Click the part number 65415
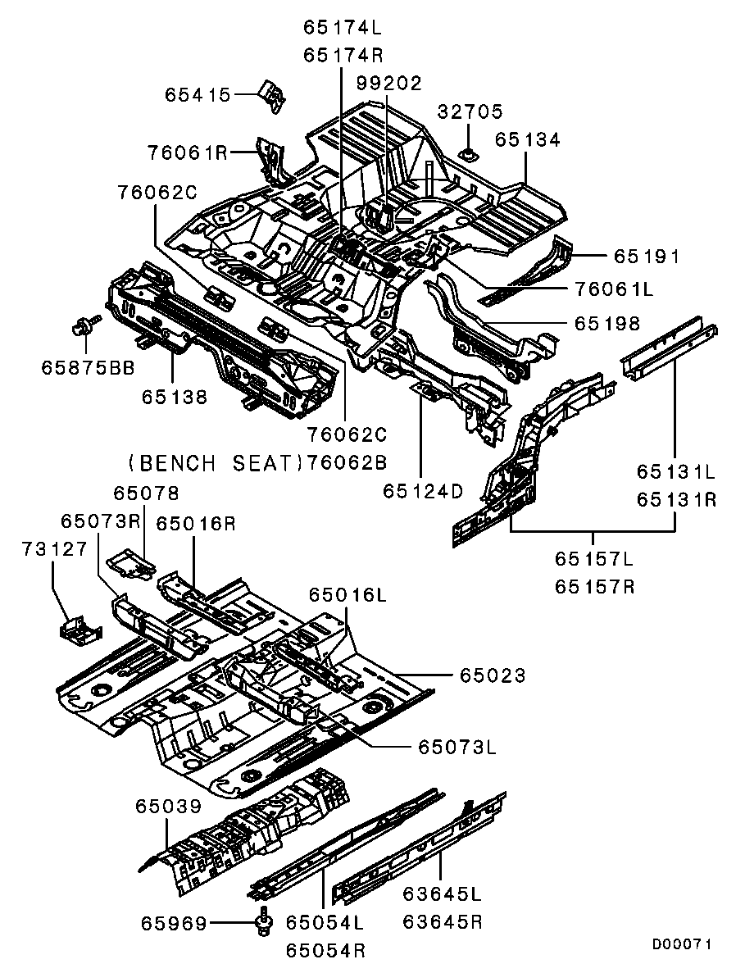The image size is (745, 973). coord(198,95)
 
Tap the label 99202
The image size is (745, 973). coord(389,83)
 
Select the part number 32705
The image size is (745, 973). coord(470,111)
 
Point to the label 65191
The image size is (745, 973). coord(647,257)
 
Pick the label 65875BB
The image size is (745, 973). coord(88,367)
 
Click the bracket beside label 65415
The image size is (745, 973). coord(272,96)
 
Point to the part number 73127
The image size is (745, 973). coord(55,549)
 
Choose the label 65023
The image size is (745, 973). coord(493,675)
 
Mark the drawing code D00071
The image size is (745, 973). coord(681,944)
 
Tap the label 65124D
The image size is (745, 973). coord(423,492)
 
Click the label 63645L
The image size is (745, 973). coord(443,894)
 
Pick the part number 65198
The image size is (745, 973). coord(606,323)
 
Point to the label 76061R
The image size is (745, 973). coord(188,152)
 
